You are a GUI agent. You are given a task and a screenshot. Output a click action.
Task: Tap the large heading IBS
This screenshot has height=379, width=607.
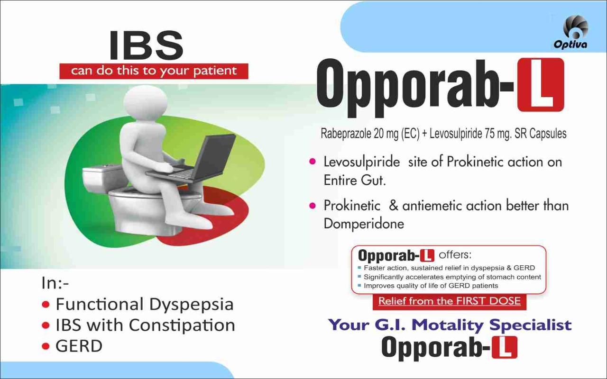[x=147, y=45]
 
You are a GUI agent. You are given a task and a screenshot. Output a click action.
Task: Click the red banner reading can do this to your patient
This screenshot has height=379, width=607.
[x=154, y=71]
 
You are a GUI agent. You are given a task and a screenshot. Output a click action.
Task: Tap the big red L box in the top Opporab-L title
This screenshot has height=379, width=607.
[x=541, y=85]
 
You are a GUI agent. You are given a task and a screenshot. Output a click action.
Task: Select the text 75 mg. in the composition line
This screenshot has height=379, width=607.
[x=497, y=134]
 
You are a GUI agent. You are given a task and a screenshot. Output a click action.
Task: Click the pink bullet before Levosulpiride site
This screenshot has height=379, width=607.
[x=313, y=162]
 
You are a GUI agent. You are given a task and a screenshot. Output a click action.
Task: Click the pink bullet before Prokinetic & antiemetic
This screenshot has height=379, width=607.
[x=313, y=206]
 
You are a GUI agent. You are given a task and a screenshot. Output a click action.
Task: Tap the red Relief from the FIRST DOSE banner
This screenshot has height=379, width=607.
[x=450, y=302]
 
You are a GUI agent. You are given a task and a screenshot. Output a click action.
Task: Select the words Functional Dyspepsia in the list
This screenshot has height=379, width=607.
[x=145, y=304]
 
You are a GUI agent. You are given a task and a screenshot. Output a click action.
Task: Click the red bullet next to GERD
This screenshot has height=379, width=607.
[x=46, y=346]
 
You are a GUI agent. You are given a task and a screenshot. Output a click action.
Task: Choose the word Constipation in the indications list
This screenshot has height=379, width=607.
[x=182, y=325]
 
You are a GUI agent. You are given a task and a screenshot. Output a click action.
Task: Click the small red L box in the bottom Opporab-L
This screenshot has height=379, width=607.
[x=504, y=347]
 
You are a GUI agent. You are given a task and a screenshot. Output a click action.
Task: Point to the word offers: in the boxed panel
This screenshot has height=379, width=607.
[x=455, y=255]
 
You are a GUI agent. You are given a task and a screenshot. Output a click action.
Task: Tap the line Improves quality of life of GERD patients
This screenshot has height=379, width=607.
[x=431, y=286]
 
